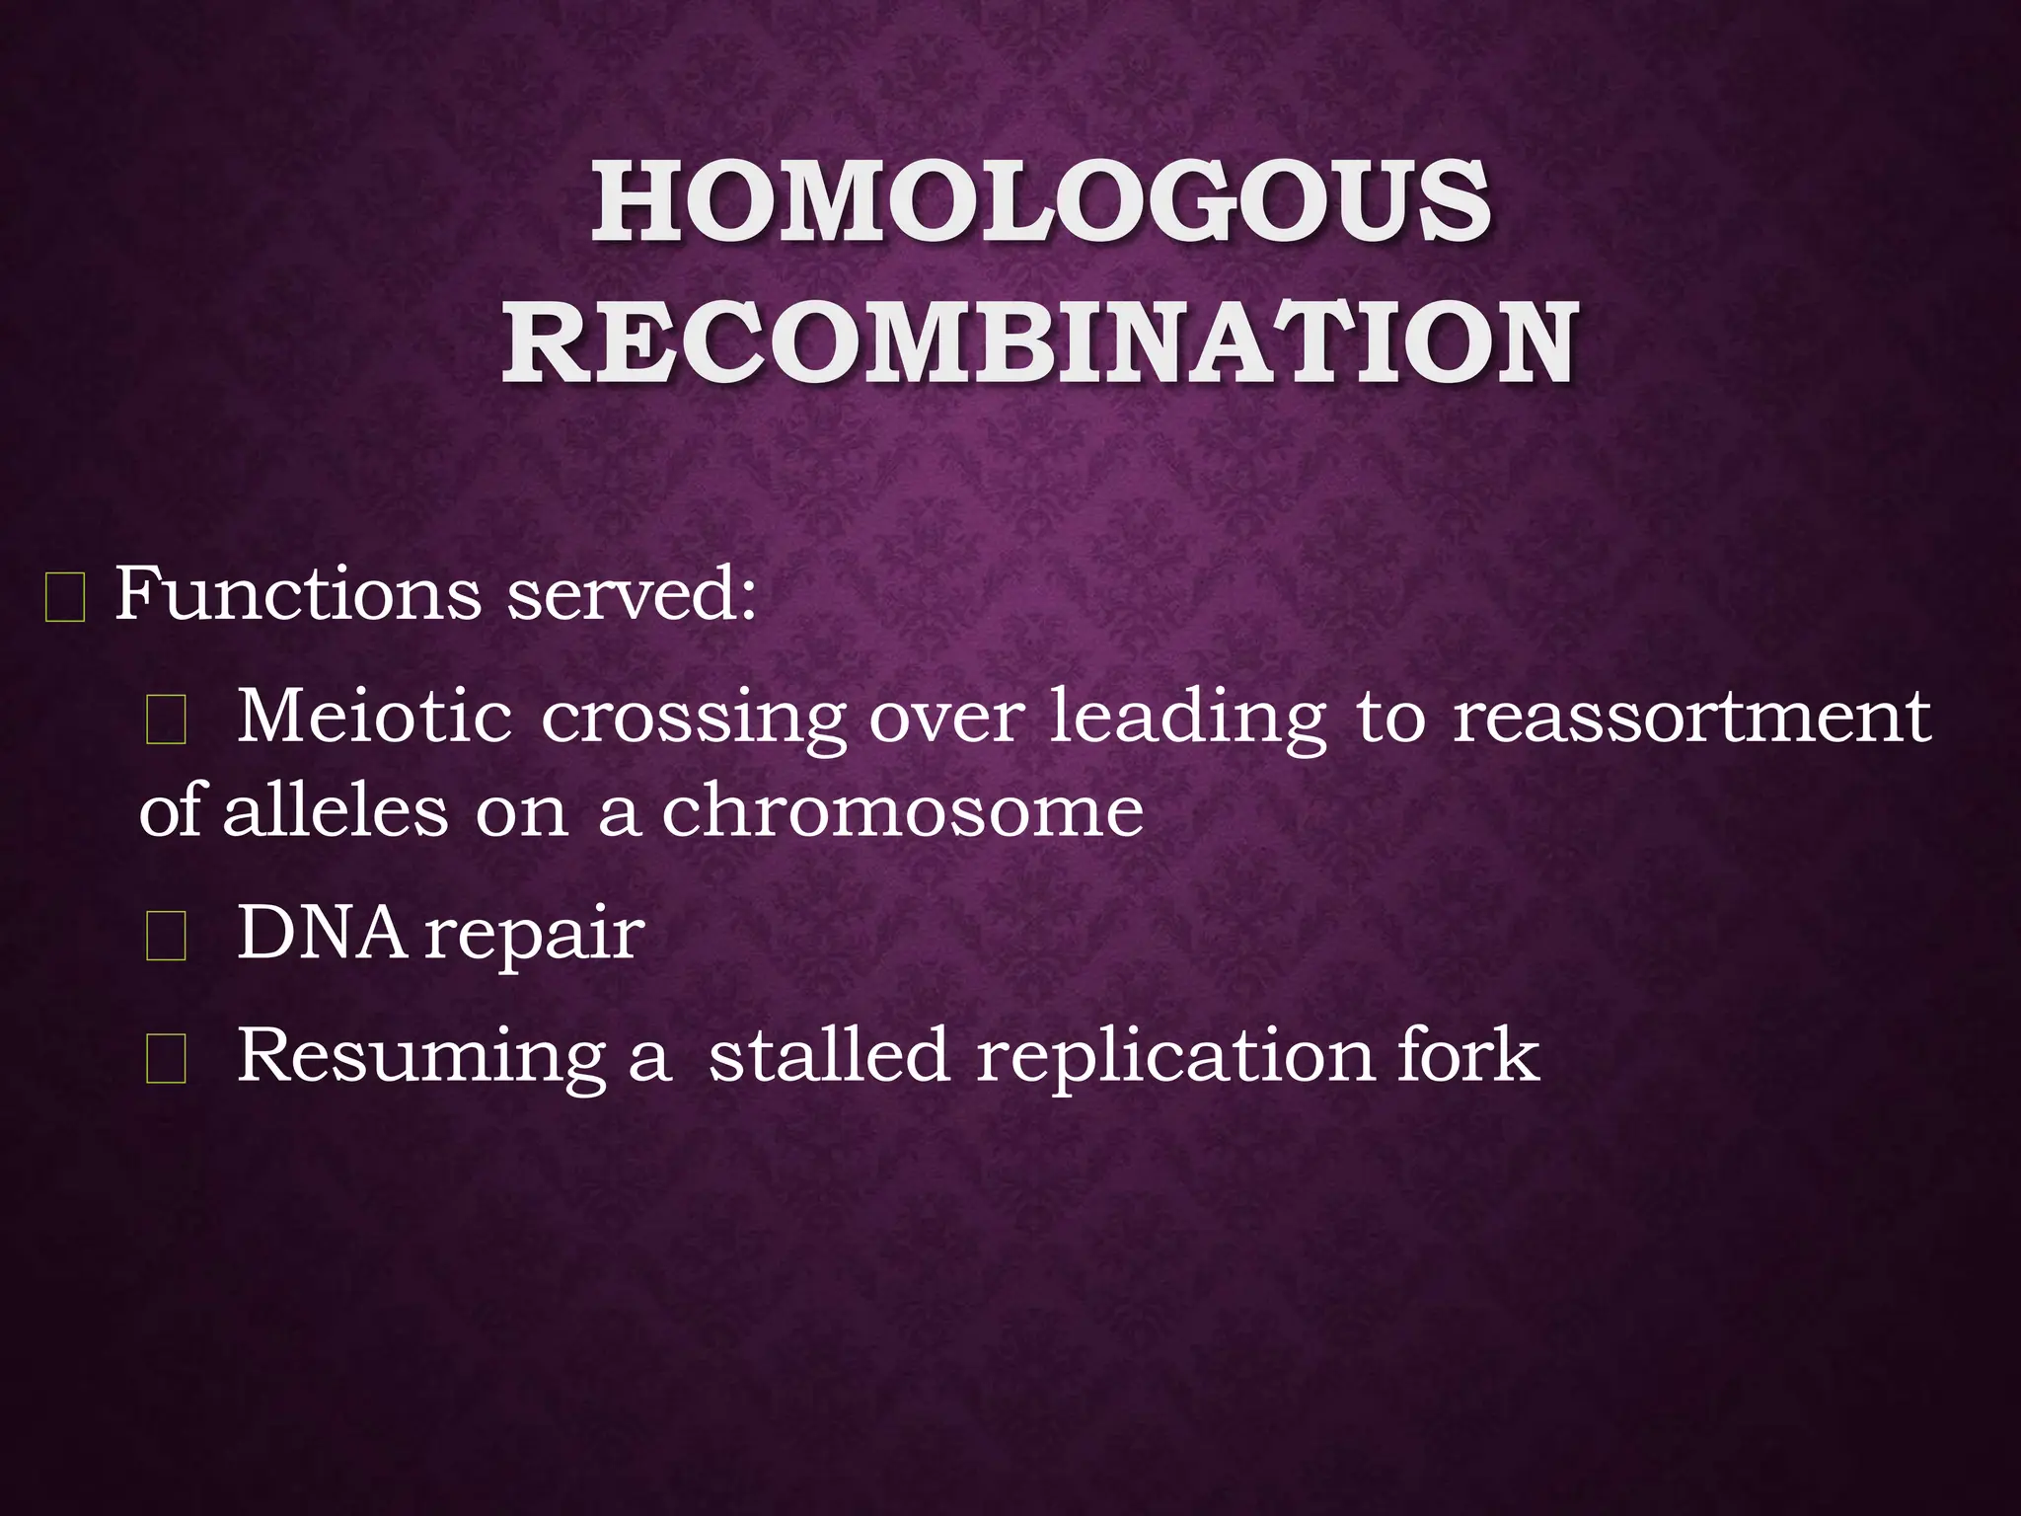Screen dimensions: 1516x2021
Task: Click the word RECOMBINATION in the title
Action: (x=1040, y=343)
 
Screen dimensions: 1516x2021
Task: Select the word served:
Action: (x=633, y=595)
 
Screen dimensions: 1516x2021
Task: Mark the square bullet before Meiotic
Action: (x=166, y=721)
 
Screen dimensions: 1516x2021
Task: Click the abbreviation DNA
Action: (x=322, y=933)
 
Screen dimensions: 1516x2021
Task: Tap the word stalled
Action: (x=829, y=1054)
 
